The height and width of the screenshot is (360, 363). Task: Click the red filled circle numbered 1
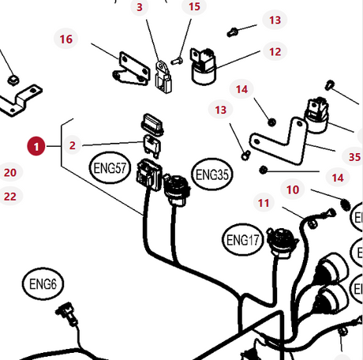[x=36, y=146]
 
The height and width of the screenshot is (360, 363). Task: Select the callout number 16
[x=66, y=39]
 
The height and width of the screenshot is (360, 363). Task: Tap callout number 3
[x=140, y=7]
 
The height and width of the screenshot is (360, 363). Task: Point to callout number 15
[x=194, y=6]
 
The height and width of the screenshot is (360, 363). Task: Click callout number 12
[x=275, y=51]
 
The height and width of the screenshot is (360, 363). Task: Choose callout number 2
[x=73, y=145]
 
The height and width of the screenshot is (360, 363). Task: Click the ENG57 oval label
[x=110, y=167]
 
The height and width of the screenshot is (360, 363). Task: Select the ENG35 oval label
[x=212, y=174]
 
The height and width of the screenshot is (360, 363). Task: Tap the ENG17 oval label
[x=243, y=240]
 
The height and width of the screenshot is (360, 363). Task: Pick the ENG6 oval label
[x=43, y=284]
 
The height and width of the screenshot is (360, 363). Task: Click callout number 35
[x=354, y=157]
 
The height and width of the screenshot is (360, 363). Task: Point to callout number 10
[x=293, y=189]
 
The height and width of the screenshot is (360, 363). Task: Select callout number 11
[x=264, y=203]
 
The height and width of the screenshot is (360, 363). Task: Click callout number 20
[x=10, y=172]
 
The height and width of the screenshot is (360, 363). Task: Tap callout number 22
[x=10, y=197]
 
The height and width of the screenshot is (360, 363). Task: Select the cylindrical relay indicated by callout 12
[x=203, y=66]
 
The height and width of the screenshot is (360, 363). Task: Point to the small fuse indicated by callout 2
[x=152, y=146]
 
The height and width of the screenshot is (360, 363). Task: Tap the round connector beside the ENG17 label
[x=283, y=241]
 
